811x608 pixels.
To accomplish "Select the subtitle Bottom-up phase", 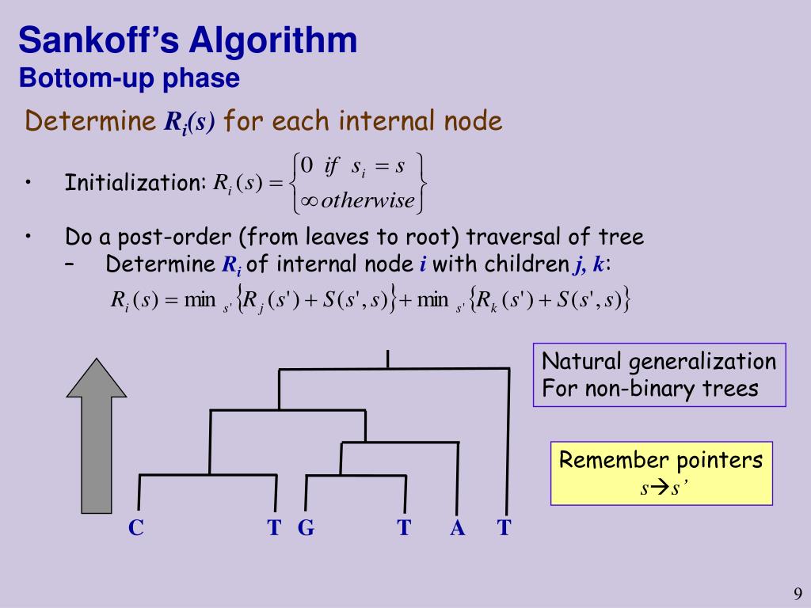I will tap(129, 78).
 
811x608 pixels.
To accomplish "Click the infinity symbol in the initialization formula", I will tap(310, 200).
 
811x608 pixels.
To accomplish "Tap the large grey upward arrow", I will tap(97, 435).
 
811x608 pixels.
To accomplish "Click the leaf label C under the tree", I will tap(136, 528).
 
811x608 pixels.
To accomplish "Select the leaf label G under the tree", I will tap(306, 528).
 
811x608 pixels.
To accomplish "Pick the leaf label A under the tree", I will tap(457, 528).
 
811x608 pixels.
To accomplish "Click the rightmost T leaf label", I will tap(504, 528).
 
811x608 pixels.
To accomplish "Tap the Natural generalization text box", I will tap(659, 374).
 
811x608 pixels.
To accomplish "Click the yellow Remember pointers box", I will tap(661, 473).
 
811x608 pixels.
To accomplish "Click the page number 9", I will tap(798, 594).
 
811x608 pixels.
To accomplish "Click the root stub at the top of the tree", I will tap(387, 359).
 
